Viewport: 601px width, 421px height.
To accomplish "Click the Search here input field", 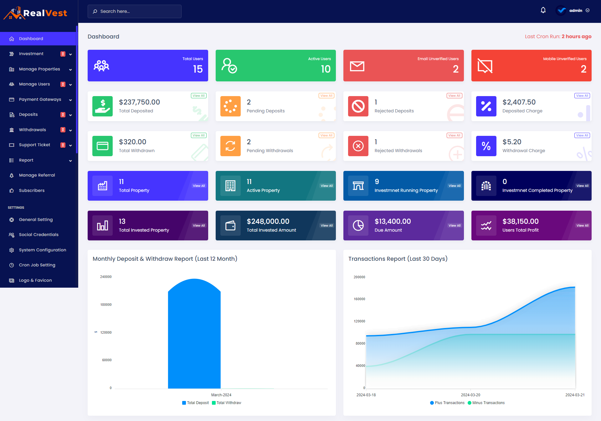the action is (135, 11).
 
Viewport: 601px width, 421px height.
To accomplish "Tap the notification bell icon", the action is (543, 10).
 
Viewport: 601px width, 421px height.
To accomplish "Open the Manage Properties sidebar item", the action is (39, 69).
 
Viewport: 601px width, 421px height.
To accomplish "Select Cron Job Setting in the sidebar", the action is (37, 265).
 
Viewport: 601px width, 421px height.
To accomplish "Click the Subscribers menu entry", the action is (32, 191).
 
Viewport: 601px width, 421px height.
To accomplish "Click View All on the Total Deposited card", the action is (199, 96).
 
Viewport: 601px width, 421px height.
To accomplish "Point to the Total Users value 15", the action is (198, 69).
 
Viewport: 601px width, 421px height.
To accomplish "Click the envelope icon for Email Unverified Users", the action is (357, 66).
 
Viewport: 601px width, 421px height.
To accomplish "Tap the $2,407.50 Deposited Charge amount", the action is (519, 102).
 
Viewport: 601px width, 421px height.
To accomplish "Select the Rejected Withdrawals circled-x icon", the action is (358, 146).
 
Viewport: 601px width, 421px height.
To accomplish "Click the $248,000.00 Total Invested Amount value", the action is (268, 221).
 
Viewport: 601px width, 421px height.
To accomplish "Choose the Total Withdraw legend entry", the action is (227, 403).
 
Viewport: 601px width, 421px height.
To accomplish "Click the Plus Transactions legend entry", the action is (447, 403).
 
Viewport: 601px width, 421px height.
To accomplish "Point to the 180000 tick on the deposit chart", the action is (106, 305).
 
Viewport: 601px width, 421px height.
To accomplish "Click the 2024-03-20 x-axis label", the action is (470, 395).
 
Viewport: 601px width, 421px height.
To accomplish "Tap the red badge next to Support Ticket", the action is (63, 145).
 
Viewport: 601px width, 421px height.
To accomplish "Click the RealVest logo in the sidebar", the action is (35, 13).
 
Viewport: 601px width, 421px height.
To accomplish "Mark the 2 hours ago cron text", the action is (577, 37).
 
